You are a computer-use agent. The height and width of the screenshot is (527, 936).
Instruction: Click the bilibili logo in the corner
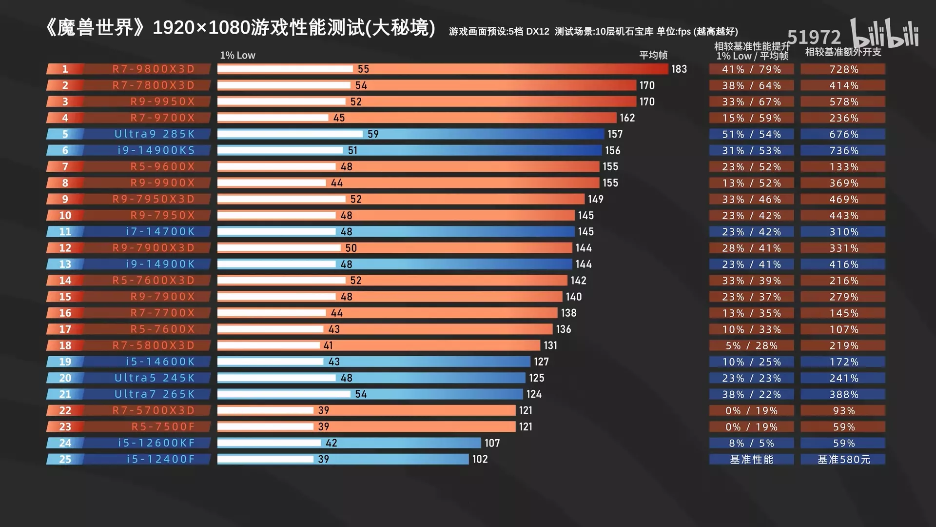point(885,34)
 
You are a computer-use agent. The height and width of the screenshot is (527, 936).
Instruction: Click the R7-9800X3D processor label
point(154,69)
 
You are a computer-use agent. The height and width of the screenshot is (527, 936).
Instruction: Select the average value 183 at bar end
point(679,69)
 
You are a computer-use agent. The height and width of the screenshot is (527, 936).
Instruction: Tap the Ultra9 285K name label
point(155,134)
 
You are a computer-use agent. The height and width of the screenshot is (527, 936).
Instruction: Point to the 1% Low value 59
point(373,134)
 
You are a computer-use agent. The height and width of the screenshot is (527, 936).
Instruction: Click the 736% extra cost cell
point(844,151)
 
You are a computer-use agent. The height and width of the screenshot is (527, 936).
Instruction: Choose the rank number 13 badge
point(65,264)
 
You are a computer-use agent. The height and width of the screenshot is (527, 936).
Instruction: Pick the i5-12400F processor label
point(160,459)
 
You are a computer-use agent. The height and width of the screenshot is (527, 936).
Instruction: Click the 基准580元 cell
point(843,459)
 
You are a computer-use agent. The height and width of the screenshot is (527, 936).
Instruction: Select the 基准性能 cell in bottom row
point(751,459)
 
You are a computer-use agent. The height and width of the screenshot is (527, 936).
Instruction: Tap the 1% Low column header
point(237,55)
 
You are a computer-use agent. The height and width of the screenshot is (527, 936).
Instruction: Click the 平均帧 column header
point(653,55)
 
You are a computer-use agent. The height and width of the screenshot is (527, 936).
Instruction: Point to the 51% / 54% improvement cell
point(751,134)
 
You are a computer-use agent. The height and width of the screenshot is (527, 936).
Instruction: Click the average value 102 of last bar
point(480,459)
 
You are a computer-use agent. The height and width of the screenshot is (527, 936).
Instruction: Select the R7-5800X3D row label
point(154,345)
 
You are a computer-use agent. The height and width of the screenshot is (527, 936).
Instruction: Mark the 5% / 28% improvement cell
point(751,345)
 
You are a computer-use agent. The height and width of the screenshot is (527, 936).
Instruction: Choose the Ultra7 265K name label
point(155,394)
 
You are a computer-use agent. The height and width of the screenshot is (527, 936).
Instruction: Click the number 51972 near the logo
point(814,37)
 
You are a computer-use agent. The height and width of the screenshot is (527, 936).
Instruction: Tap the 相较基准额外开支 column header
point(843,52)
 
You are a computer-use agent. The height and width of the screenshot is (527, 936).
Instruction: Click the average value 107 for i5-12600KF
point(492,443)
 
